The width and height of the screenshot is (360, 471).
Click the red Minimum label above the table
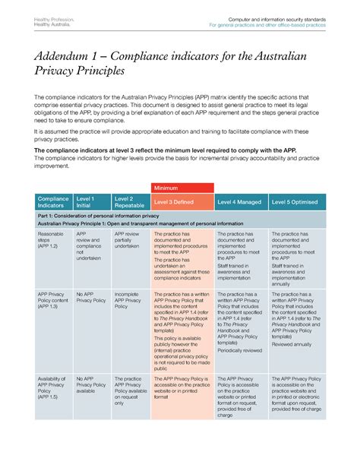(167, 188)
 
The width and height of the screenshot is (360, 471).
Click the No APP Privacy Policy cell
(90, 296)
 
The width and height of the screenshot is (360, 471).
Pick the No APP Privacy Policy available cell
(91, 384)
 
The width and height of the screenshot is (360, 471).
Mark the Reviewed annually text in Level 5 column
(292, 344)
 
